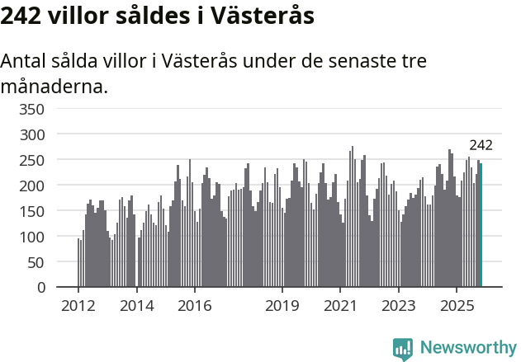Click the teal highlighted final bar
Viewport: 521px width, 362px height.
coord(481,225)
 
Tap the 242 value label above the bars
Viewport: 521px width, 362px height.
coord(481,145)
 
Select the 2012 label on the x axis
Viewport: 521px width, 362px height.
coord(78,306)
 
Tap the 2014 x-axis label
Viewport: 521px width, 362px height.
coord(136,306)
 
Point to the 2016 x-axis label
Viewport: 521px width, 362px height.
coord(194,306)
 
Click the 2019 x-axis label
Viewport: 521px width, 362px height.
coord(282,306)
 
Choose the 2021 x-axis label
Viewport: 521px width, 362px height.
coord(340,306)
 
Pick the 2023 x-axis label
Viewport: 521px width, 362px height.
coord(399,306)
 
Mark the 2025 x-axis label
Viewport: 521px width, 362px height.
coord(457,306)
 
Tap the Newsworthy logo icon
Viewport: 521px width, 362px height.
coord(403,349)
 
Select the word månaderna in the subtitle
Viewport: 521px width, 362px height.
coord(54,85)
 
